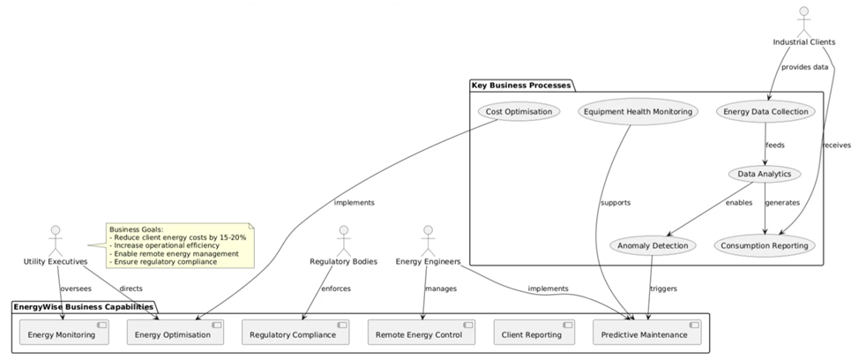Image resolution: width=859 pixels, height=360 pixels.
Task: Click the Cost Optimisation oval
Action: point(519,112)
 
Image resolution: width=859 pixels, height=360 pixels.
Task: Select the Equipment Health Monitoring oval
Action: point(638,112)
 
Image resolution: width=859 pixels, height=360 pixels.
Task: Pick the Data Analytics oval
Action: point(765,174)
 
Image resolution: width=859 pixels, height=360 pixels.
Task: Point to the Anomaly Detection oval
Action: point(653,244)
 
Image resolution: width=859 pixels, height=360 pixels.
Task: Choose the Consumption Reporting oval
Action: point(764,244)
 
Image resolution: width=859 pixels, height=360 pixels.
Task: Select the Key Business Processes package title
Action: point(521,85)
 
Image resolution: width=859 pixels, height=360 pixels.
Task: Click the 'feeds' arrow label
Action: point(774,144)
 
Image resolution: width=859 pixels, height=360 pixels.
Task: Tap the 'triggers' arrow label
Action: point(663,289)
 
